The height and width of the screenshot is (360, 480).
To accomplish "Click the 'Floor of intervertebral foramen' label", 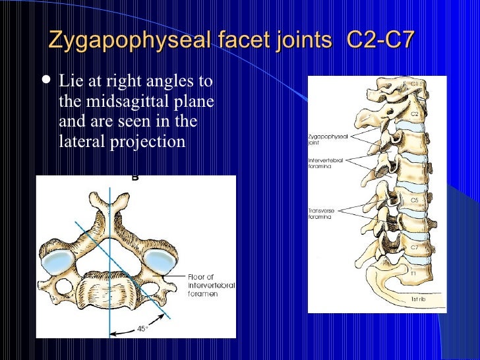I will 209,285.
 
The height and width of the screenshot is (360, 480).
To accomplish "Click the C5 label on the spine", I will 415,200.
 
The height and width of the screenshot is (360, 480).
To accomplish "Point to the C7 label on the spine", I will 415,247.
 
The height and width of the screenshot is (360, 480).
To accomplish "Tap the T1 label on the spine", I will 413,272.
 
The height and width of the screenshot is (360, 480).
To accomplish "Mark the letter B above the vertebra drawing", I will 135,177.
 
